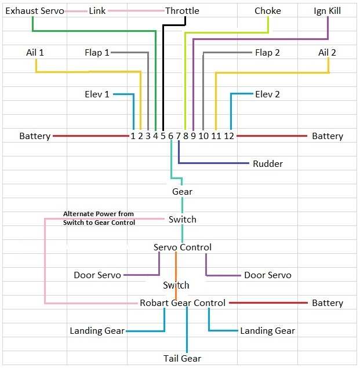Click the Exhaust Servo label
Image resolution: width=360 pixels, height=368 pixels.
pos(35,11)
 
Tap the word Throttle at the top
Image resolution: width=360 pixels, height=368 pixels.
pos(182,11)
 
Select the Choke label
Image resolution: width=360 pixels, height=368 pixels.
pos(268,11)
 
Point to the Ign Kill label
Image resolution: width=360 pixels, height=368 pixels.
pos(328,11)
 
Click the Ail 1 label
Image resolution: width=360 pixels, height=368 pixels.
pos(35,53)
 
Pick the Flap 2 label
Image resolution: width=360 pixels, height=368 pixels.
pos(267,53)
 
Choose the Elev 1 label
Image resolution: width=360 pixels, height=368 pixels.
pos(97,94)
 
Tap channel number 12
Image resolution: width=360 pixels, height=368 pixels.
pos(229,136)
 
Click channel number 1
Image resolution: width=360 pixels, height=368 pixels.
pos(133,136)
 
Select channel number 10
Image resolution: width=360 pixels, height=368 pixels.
pos(203,136)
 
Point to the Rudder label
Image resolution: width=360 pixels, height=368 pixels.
pos(268,164)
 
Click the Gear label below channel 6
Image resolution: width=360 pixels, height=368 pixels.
pos(182,192)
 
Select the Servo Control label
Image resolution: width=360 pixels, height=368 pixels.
pos(182,247)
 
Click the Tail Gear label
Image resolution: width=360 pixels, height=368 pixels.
pos(183,359)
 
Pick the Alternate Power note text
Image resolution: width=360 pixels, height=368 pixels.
pos(99,218)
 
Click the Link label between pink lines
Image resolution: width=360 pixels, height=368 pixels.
pos(97,11)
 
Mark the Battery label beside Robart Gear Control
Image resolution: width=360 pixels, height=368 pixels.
pos(328,303)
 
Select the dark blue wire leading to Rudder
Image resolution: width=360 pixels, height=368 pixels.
pos(214,163)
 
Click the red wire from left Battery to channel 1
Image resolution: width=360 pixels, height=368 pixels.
pos(90,136)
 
